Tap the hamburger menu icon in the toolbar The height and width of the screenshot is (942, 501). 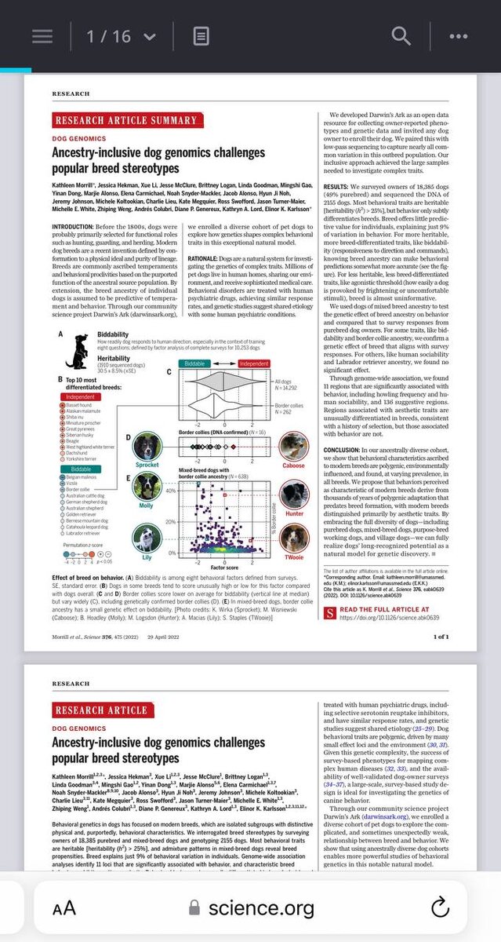(42, 36)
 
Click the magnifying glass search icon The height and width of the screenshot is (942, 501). (401, 36)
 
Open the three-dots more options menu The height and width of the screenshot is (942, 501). (458, 36)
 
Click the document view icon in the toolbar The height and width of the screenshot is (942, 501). (201, 36)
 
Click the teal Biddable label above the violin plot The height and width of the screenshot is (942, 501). (193, 364)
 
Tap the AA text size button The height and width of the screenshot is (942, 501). (64, 909)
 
